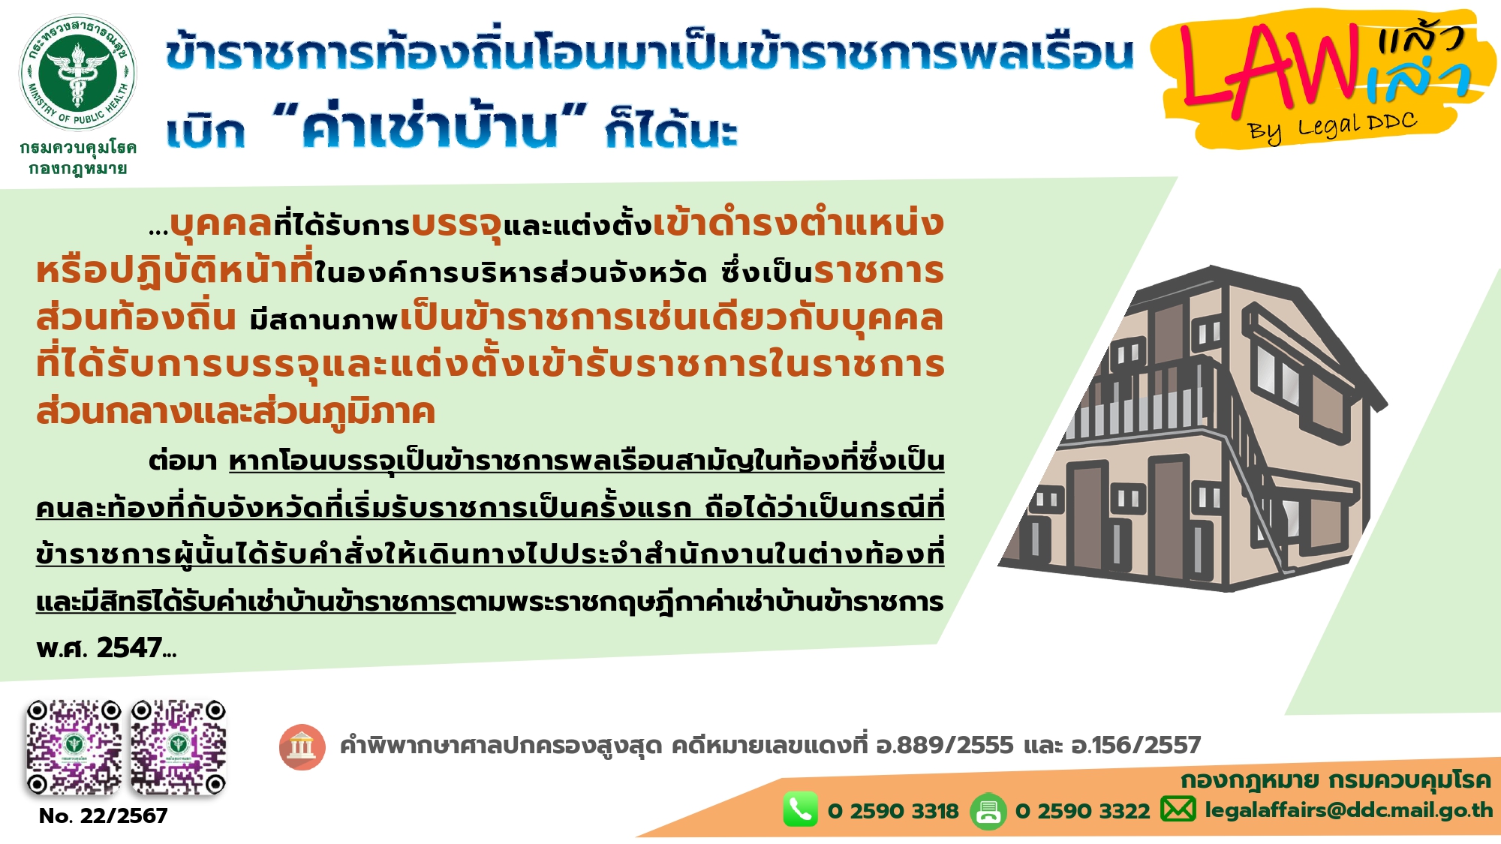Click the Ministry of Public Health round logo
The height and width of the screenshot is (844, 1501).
coord(77,73)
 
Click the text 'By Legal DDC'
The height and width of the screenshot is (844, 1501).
coord(1332,128)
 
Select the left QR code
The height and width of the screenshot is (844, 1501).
coord(74,747)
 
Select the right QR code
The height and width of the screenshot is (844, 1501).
coord(179,747)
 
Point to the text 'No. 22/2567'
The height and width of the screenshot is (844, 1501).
coord(103,815)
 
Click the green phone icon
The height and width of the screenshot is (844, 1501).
coord(800,809)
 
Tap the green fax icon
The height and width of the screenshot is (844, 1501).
coord(988,811)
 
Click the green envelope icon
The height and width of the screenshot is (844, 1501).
coord(1178,809)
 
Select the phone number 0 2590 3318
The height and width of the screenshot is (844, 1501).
coord(893,811)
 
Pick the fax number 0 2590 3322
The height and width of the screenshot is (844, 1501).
coord(1082,811)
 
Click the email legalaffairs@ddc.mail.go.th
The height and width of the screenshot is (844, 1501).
coord(1349,810)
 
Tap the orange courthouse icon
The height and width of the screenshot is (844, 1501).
coord(302,747)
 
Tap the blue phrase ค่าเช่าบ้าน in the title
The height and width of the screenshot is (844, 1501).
coord(430,126)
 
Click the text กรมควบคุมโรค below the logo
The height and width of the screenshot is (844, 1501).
coord(78,148)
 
